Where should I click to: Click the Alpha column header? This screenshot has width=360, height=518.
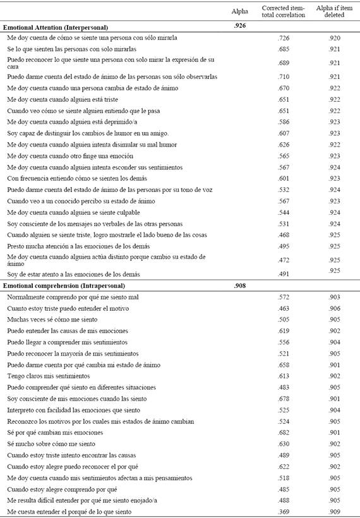coord(240,11)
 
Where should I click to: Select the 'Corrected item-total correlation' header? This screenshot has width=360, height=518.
coord(284,11)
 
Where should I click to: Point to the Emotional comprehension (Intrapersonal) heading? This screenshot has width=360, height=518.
coord(65,286)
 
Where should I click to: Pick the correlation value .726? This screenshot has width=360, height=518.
coord(284,39)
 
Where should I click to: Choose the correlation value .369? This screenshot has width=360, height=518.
coord(284,511)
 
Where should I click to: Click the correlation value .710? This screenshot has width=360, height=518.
coord(284,76)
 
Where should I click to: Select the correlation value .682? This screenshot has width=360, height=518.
coord(284,433)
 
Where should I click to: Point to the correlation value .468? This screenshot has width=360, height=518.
coord(284,234)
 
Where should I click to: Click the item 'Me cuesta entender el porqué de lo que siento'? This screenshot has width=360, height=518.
coord(69,511)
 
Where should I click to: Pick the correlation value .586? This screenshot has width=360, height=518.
coord(284,122)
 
